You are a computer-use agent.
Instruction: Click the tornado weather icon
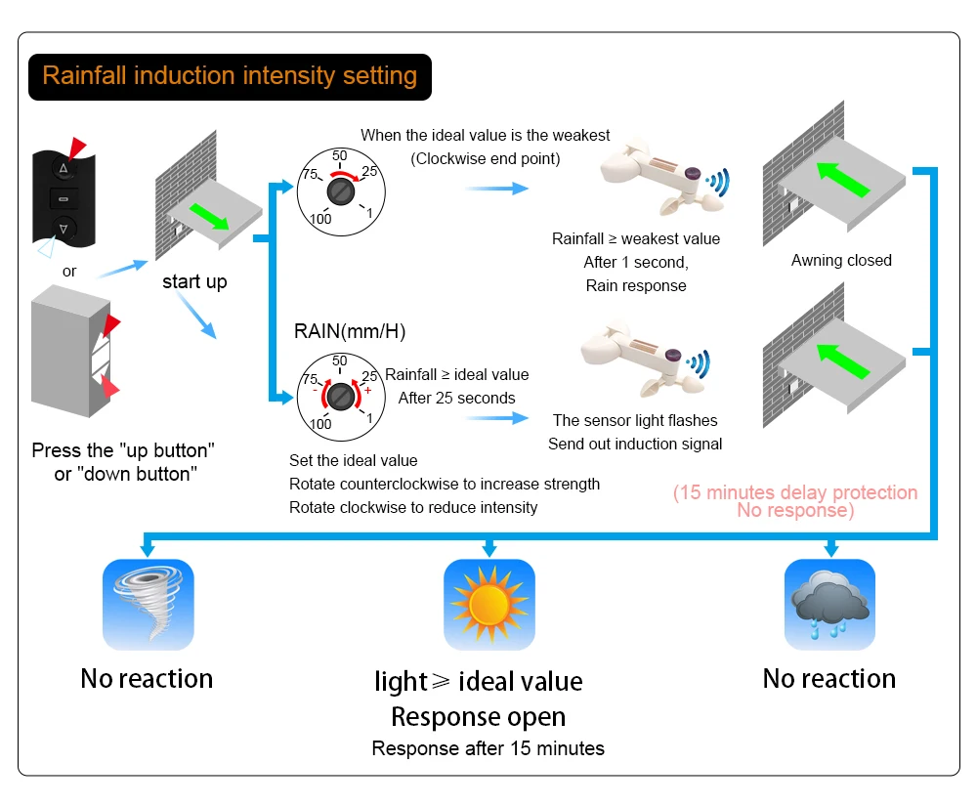pos(149,604)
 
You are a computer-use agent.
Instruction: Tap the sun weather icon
pos(489,604)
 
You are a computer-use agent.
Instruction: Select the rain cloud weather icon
pos(829,604)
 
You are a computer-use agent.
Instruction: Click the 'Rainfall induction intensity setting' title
pos(230,76)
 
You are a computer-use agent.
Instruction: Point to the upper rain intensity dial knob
pos(340,189)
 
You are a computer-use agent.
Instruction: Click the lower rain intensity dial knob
pos(340,396)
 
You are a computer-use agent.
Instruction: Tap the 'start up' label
pos(194,281)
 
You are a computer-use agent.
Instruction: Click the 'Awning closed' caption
pos(841,260)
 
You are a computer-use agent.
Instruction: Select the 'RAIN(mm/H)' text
pos(350,331)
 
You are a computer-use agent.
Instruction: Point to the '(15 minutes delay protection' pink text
pos(795,492)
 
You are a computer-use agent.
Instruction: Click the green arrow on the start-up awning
pos(210,216)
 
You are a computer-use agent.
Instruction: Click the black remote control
pos(64,199)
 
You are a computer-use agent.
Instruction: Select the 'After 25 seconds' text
pos(456,398)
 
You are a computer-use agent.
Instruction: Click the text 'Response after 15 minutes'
pos(488,748)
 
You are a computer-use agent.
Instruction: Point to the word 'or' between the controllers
pos(69,271)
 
